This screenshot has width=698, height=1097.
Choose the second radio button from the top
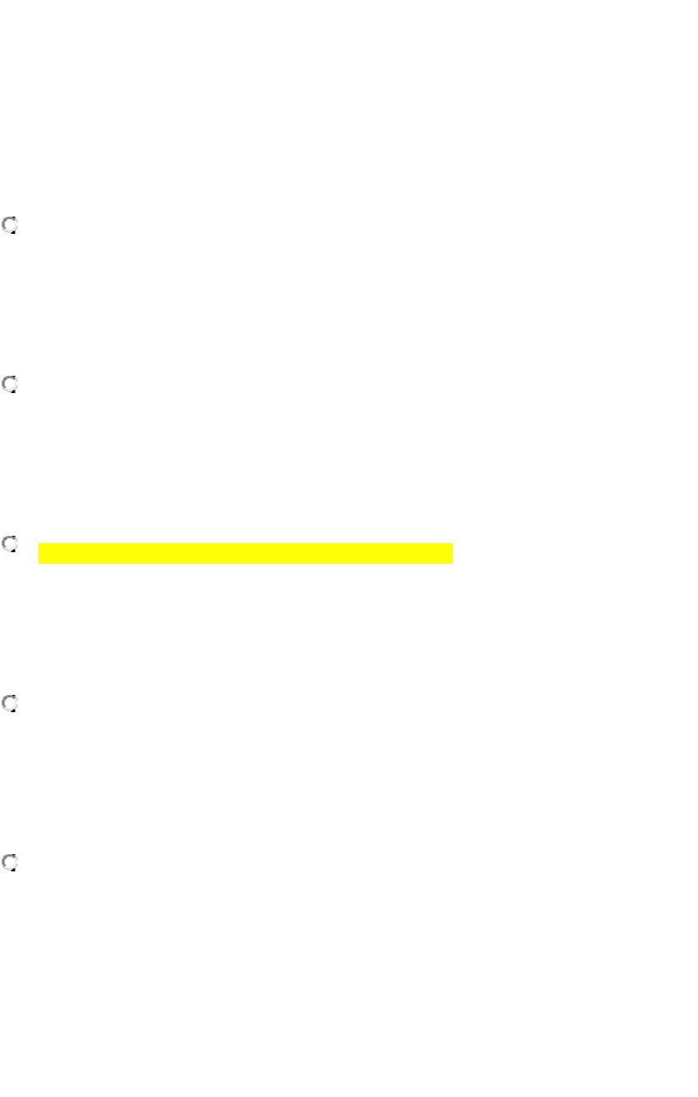pyautogui.click(x=11, y=384)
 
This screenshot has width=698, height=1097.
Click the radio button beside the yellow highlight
pyautogui.click(x=11, y=544)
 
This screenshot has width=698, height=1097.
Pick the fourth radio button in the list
pyautogui.click(x=11, y=703)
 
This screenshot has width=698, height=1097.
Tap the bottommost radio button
pyautogui.click(x=11, y=863)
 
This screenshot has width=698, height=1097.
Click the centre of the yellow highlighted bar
pyautogui.click(x=245, y=553)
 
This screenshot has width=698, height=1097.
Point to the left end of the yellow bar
pyautogui.click(x=40, y=553)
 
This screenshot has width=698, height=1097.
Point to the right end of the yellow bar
pyautogui.click(x=451, y=553)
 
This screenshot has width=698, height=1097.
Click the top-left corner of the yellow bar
pyautogui.click(x=39, y=543)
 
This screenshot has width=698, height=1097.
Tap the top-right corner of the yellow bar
pyautogui.click(x=452, y=543)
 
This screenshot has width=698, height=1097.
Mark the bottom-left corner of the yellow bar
pyautogui.click(x=39, y=563)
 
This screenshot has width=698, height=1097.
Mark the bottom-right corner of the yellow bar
pyautogui.click(x=452, y=563)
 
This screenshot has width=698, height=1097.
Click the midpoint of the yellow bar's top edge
pyautogui.click(x=245, y=543)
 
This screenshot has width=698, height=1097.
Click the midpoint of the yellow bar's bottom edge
pyautogui.click(x=245, y=563)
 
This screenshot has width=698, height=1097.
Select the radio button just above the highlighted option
pyautogui.click(x=11, y=384)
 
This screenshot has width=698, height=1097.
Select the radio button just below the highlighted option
pyautogui.click(x=11, y=703)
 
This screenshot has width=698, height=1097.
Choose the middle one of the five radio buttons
pyautogui.click(x=11, y=544)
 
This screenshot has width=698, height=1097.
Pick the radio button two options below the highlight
pyautogui.click(x=11, y=863)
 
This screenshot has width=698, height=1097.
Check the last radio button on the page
pyautogui.click(x=11, y=863)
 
